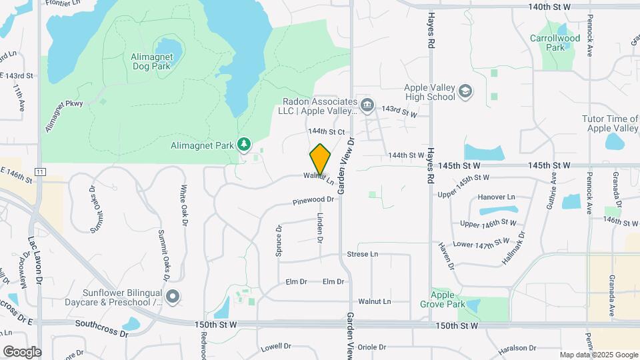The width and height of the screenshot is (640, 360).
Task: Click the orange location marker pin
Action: click(x=321, y=159)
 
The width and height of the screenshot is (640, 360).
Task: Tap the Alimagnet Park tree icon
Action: click(x=245, y=144)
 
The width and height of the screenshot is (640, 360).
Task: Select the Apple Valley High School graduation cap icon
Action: click(x=465, y=92)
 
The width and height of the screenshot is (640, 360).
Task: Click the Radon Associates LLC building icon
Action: click(x=367, y=106)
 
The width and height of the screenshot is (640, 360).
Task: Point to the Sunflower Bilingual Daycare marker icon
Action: click(x=173, y=297)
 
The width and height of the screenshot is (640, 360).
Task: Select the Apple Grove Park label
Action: click(x=447, y=299)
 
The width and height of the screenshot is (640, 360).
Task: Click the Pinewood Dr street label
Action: click(x=313, y=200)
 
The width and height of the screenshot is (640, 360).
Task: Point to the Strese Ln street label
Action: click(x=363, y=255)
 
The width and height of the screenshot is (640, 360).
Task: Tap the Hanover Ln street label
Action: click(x=497, y=197)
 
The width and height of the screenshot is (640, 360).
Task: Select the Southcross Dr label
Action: click(x=101, y=325)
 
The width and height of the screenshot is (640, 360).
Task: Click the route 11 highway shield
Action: click(x=41, y=171)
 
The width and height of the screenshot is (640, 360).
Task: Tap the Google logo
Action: click(x=21, y=351)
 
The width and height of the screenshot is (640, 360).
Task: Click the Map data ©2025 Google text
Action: click(x=598, y=355)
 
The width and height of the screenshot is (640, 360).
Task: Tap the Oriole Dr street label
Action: click(x=372, y=347)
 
